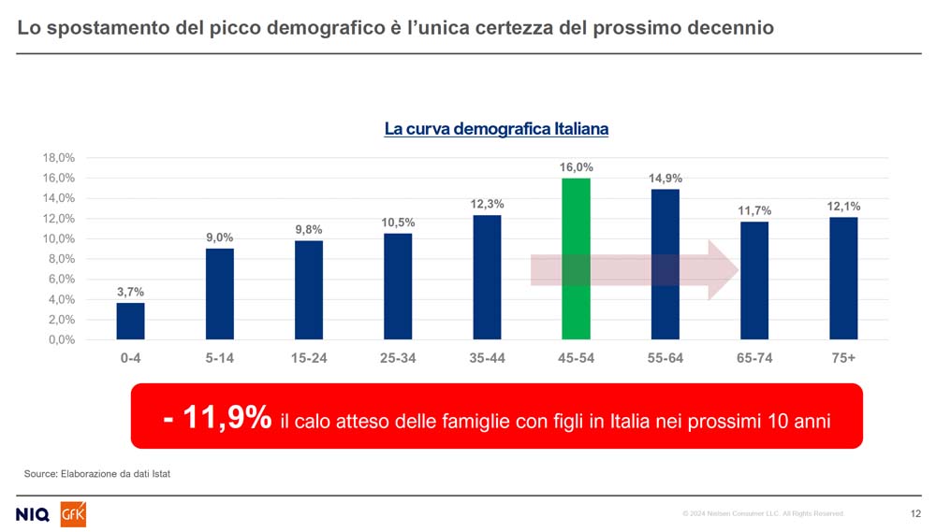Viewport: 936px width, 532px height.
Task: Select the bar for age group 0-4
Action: (130, 321)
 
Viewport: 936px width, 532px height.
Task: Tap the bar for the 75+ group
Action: (843, 278)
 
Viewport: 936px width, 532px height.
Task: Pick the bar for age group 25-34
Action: (398, 286)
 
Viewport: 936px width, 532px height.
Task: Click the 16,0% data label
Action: (577, 167)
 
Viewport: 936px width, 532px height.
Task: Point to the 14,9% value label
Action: (665, 179)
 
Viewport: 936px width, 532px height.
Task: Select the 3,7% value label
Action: (130, 293)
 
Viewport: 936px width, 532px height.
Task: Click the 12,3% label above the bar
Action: (487, 205)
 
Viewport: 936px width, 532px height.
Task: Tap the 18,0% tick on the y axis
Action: (59, 158)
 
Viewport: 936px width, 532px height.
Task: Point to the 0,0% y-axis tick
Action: (62, 339)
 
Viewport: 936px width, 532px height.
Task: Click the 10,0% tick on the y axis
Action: (59, 238)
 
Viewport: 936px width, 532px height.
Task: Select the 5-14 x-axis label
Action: (219, 358)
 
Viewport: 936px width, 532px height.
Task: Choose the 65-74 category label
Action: (754, 358)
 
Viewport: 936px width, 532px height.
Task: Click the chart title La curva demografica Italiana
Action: (496, 129)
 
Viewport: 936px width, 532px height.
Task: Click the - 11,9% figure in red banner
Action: (217, 418)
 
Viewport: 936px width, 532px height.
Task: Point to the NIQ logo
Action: (34, 514)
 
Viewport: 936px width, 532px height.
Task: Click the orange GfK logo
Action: (73, 514)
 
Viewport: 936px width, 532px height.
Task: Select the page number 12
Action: (915, 513)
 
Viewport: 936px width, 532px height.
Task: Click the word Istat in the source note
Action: (159, 474)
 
